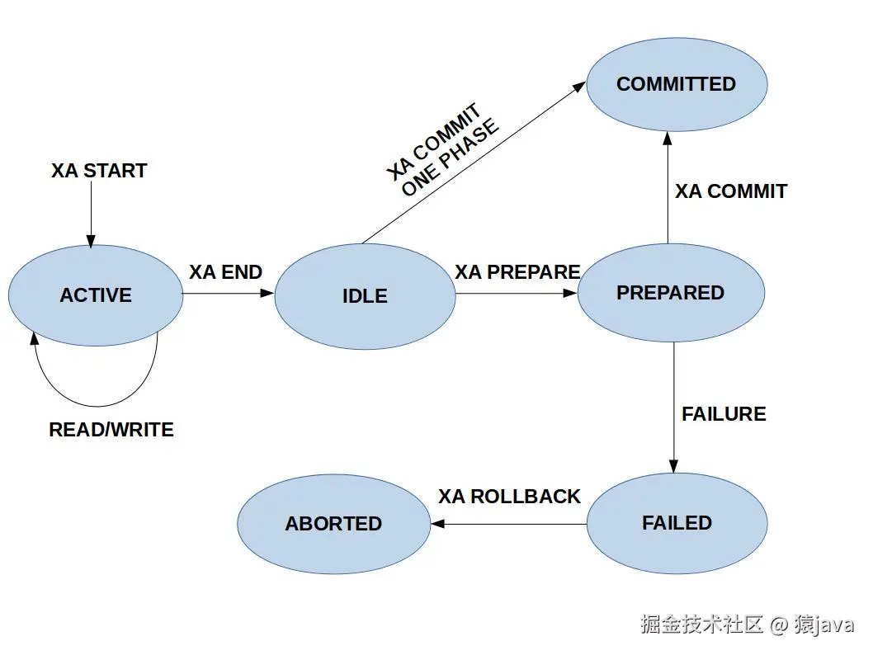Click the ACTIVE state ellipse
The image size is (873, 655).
click(x=96, y=295)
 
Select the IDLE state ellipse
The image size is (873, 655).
click(x=365, y=296)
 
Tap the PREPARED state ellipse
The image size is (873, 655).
click(x=670, y=293)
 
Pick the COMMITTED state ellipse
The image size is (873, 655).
click(x=677, y=84)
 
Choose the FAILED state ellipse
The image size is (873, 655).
click(x=677, y=523)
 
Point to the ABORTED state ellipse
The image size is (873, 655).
click(x=333, y=524)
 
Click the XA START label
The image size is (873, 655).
click(x=99, y=171)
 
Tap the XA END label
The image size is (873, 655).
click(x=225, y=272)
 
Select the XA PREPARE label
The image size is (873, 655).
click(x=517, y=272)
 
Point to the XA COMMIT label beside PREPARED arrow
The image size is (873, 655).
click(x=731, y=191)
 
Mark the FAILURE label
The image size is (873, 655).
click(x=724, y=414)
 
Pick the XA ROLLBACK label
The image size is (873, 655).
click(x=509, y=497)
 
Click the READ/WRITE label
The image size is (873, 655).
click(x=111, y=430)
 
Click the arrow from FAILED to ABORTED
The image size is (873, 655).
click(x=508, y=524)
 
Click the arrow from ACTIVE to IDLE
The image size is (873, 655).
click(x=228, y=293)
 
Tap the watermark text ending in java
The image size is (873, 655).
click(x=747, y=624)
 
